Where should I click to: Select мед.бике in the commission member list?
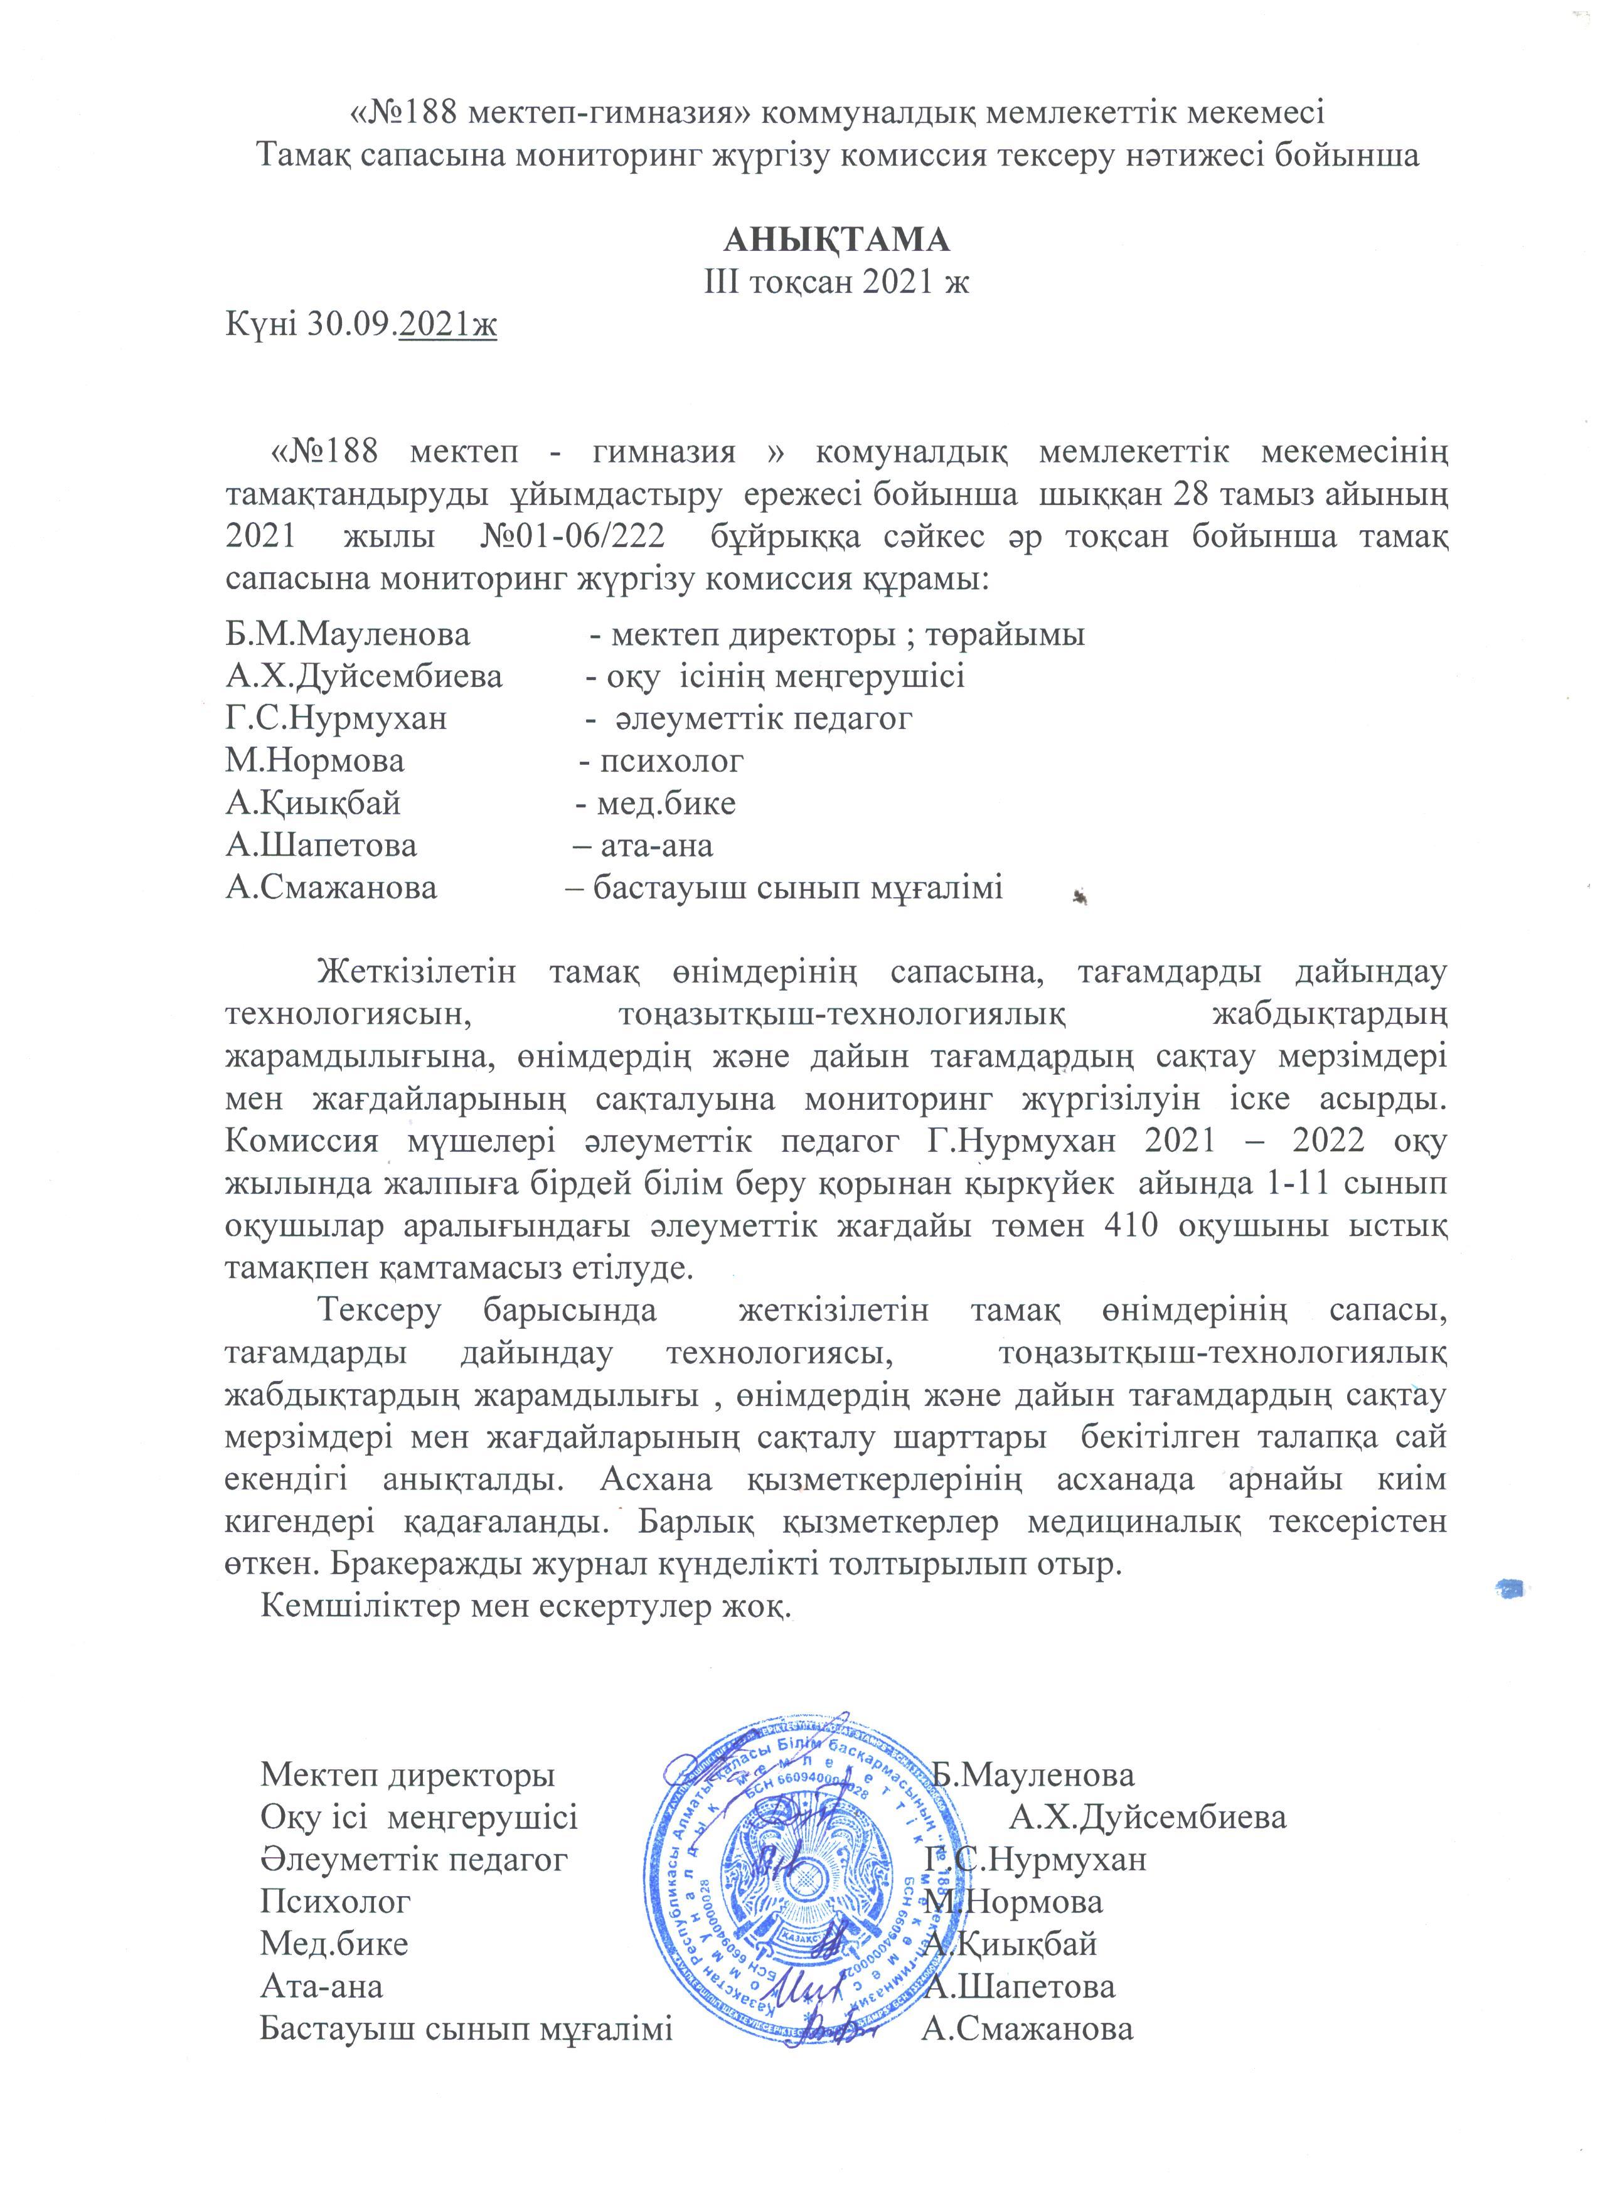(x=666, y=804)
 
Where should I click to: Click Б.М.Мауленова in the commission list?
(x=348, y=635)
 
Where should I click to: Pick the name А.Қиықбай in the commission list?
(x=312, y=804)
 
